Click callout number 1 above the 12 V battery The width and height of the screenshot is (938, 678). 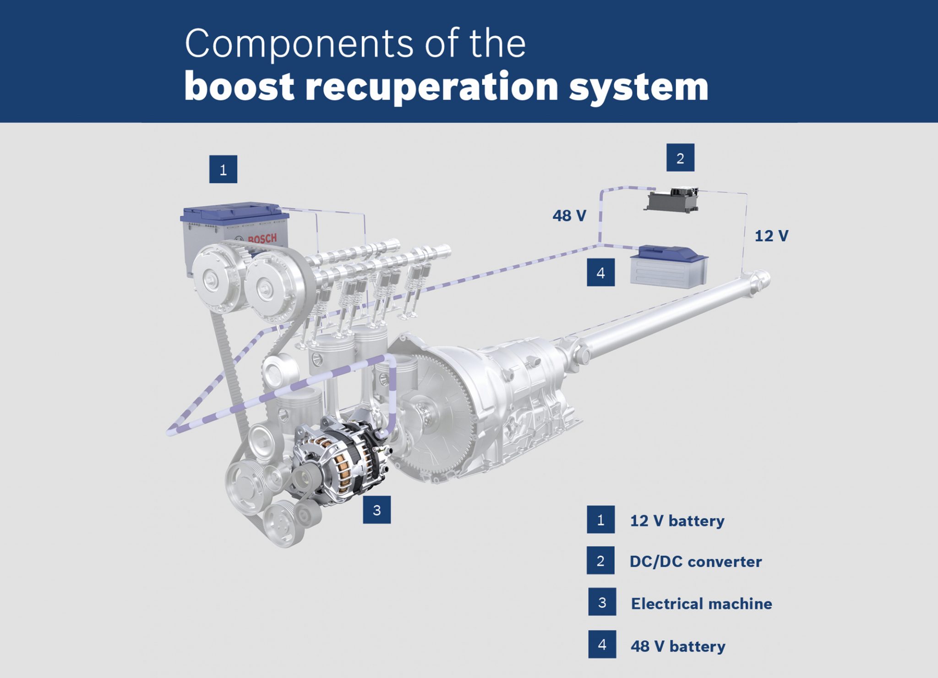coord(223,170)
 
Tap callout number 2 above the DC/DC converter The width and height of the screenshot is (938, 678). coord(680,158)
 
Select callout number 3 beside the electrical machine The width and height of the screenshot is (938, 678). coord(376,510)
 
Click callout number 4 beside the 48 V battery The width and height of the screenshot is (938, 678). coord(600,273)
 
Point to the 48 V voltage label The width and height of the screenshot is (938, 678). coord(569,215)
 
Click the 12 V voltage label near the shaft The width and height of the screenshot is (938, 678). coord(771,236)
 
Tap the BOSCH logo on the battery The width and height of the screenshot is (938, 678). coord(262,238)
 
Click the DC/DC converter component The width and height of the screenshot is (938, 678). coord(672,200)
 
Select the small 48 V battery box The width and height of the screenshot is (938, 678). coord(669,267)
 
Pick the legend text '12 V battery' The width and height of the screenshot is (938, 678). coord(677,521)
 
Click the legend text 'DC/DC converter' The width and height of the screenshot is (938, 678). coord(695,562)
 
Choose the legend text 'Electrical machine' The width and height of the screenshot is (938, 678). coord(701,604)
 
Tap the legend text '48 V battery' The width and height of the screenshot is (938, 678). coord(678,646)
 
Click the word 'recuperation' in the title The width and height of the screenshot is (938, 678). coord(431,87)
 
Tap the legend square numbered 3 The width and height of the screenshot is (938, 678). coord(602,602)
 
